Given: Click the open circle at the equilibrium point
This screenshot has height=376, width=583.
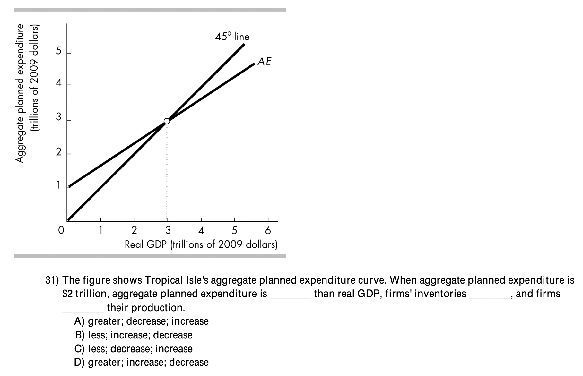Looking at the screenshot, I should pos(167,121).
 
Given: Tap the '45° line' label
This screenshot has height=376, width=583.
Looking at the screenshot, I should pos(232,37).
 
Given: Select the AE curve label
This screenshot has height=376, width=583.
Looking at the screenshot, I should pos(265,61).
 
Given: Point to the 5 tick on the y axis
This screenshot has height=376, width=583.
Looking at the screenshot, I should pos(58,51).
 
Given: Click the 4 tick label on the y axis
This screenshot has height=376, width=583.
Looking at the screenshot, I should pos(58,83).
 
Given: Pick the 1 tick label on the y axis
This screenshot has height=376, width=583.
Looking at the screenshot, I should pos(58,185).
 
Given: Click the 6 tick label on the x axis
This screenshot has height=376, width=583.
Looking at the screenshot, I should pos(268,230).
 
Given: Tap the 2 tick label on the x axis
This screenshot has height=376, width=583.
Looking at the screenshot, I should pos(134,230).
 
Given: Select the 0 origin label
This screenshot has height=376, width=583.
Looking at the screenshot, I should pos(61,230).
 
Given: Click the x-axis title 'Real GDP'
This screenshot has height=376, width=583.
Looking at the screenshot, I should pos(201,244).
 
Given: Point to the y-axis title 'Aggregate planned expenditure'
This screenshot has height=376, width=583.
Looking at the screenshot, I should pos(20,93).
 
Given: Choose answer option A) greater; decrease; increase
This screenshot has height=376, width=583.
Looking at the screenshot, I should pos(141,321).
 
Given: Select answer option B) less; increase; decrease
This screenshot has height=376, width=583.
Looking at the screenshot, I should pos(134,335).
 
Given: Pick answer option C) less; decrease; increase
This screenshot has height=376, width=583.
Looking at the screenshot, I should pos(134,349).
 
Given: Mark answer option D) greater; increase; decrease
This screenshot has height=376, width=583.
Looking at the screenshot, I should pos(141,363).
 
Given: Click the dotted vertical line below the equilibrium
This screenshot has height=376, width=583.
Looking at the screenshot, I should pos(167,170).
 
